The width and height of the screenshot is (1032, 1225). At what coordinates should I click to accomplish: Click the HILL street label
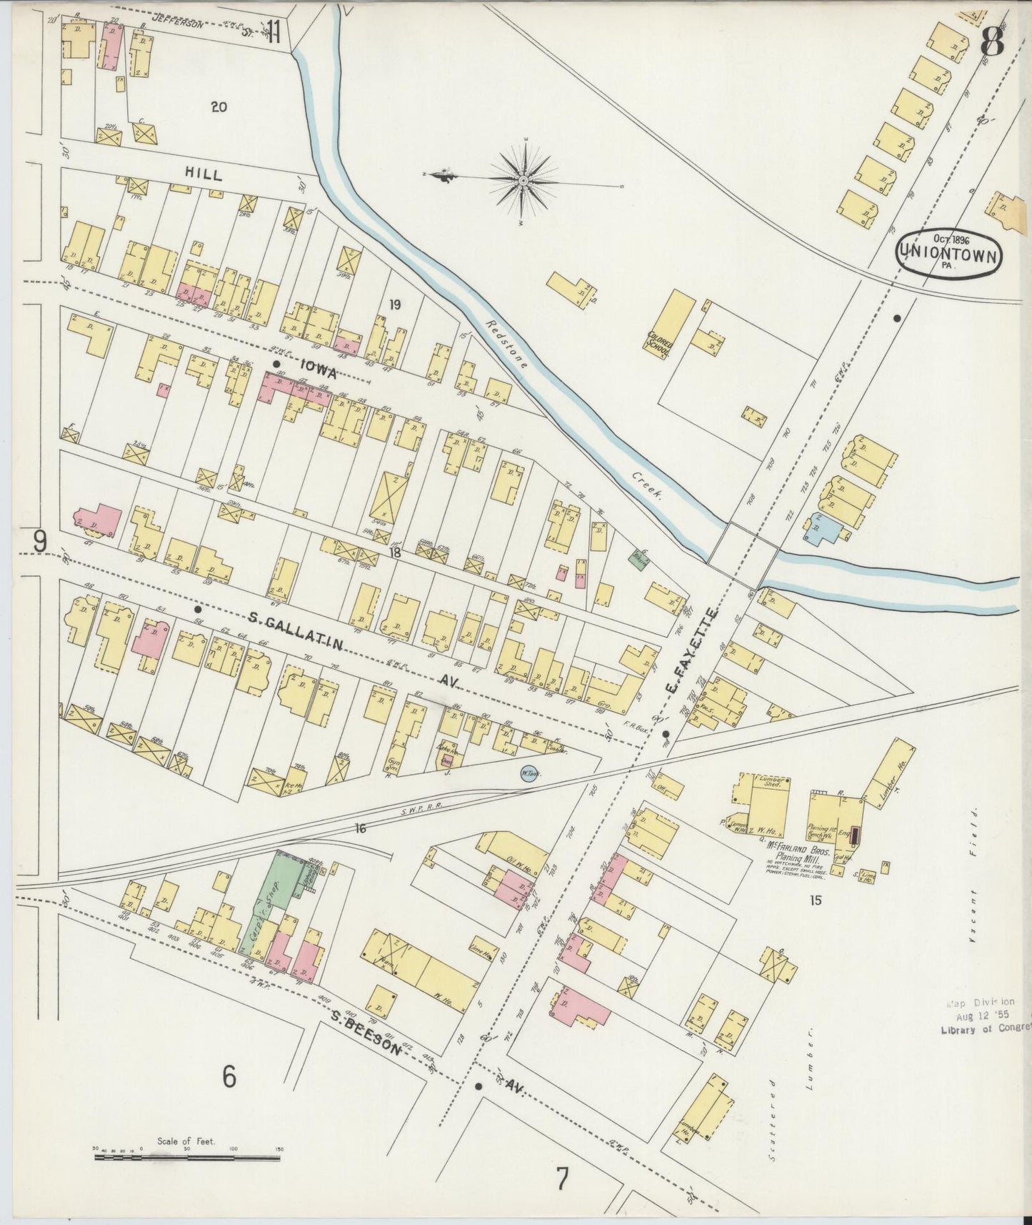coord(203,174)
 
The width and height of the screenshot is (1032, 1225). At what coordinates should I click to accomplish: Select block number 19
coord(394,305)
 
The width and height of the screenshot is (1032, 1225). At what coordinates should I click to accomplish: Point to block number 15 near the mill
coord(816,901)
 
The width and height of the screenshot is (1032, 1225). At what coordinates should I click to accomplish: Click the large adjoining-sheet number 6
coord(228,1076)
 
